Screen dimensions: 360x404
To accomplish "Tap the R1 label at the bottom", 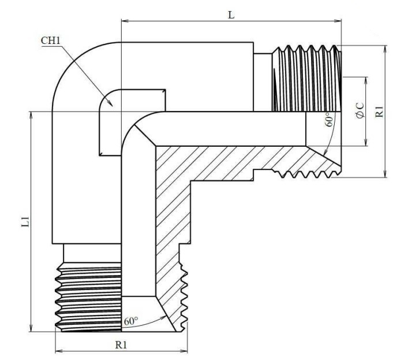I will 121,345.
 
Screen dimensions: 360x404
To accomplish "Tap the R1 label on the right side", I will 379,111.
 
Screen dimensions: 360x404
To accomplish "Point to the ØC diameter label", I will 360,111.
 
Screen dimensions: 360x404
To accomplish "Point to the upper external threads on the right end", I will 306,78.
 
